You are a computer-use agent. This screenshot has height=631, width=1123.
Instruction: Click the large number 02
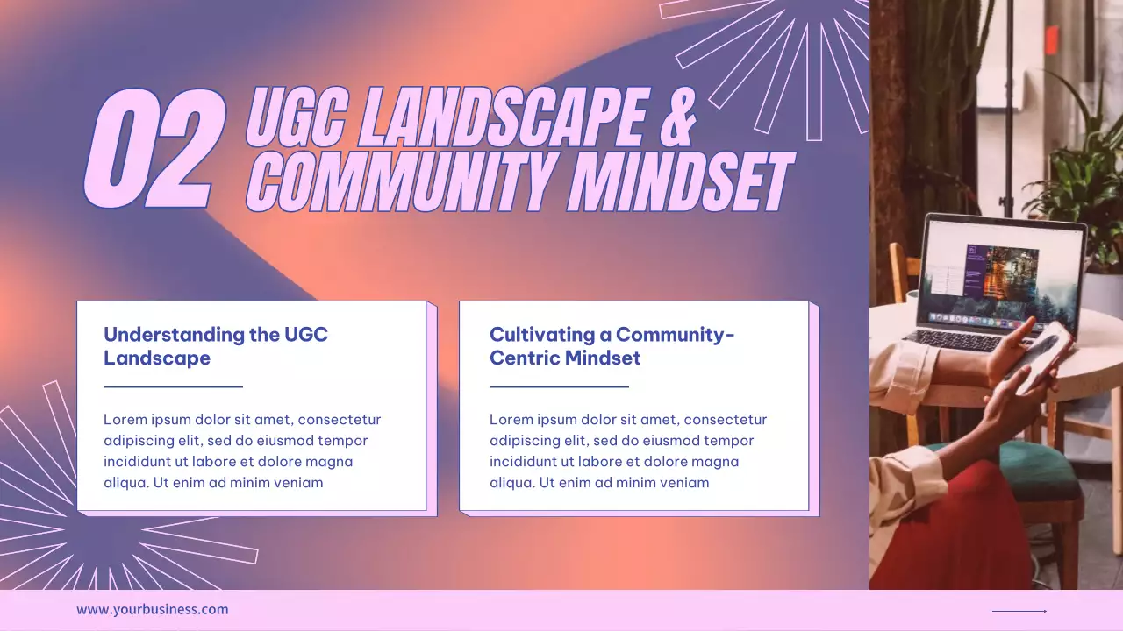(x=152, y=149)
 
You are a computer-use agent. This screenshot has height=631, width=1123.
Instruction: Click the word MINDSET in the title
(x=680, y=181)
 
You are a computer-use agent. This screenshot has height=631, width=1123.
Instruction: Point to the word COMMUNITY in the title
(x=404, y=181)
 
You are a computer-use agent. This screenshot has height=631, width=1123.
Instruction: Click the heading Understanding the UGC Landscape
(x=215, y=346)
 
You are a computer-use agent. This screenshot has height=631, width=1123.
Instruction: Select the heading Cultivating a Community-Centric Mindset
(x=612, y=346)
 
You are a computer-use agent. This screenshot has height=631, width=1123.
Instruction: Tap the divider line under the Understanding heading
(x=173, y=386)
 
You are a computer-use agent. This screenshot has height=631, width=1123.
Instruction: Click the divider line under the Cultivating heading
(x=559, y=386)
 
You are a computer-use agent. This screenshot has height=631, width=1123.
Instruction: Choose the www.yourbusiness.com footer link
(x=152, y=610)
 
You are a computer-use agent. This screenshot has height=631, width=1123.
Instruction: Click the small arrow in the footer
(x=1019, y=611)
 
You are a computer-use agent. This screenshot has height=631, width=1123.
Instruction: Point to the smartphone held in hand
(x=1041, y=355)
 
